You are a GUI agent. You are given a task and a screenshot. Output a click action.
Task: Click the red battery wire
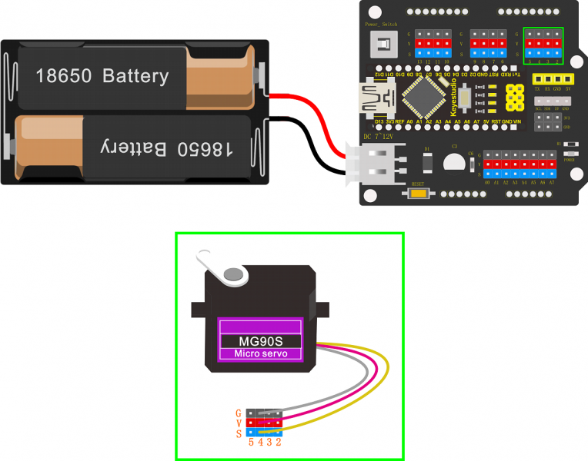[308, 108]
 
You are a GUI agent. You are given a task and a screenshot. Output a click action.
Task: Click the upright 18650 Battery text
[102, 76]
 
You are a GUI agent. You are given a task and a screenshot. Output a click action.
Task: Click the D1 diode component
[428, 162]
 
